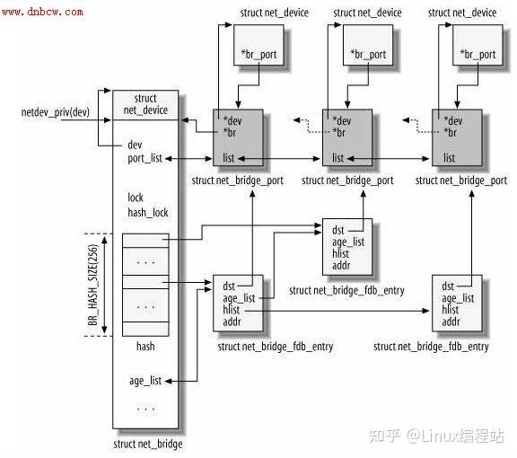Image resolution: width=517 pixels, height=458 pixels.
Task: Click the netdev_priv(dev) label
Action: click(x=54, y=113)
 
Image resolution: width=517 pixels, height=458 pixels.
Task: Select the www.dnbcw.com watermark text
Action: click(x=44, y=12)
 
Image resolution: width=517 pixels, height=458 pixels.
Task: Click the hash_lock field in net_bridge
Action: click(x=147, y=213)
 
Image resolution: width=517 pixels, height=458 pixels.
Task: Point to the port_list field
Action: click(x=145, y=159)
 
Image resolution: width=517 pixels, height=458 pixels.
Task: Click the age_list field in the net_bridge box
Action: click(x=145, y=380)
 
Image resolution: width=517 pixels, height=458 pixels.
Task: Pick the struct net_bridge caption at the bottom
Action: click(x=148, y=444)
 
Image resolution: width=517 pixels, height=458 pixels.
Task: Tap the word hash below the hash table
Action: click(x=145, y=345)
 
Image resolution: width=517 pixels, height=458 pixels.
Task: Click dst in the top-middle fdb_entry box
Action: click(x=337, y=231)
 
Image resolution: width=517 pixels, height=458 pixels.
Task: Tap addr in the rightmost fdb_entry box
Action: click(x=451, y=321)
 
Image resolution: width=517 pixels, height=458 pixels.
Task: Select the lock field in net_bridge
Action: click(x=136, y=198)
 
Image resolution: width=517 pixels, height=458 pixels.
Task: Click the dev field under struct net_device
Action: click(x=135, y=144)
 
